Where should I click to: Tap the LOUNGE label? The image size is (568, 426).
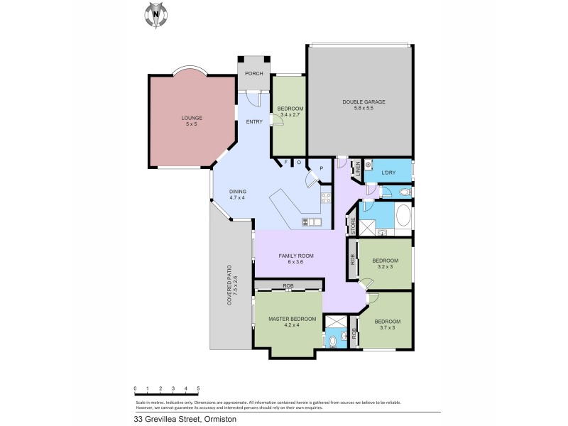[192, 118]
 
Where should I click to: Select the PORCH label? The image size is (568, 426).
[253, 74]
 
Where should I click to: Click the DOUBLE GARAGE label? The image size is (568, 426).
[364, 102]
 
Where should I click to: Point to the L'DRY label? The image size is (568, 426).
[388, 173]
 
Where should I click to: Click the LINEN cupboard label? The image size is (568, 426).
[358, 168]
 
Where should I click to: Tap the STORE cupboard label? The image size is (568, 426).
[352, 226]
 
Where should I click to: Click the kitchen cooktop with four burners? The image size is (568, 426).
[327, 198]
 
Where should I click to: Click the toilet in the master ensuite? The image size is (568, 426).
[333, 342]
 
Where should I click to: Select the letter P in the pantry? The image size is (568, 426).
[321, 168]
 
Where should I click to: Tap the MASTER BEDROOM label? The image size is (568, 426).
[292, 319]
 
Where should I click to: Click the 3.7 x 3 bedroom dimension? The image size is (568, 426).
[386, 328]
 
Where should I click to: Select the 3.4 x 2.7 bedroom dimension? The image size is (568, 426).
[291, 114]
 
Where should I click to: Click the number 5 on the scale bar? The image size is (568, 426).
[198, 388]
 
